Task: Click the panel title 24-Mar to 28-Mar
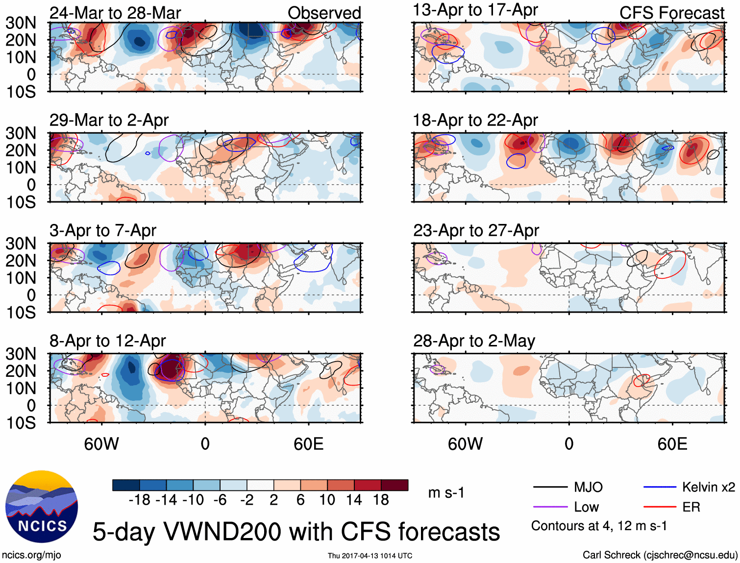[115, 13]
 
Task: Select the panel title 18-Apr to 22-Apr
[475, 121]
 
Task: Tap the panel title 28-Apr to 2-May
[474, 341]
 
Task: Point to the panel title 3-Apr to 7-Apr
[103, 231]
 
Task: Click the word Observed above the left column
[324, 13]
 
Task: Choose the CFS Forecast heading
[671, 13]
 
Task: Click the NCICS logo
[42, 507]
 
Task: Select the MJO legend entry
[588, 487]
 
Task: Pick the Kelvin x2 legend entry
[708, 487]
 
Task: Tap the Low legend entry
[586, 507]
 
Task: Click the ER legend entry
[691, 507]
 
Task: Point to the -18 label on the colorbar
[139, 500]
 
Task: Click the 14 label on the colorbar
[354, 500]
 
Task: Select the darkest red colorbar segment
[395, 485]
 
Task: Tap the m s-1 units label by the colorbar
[446, 493]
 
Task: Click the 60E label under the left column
[308, 444]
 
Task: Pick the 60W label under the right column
[465, 444]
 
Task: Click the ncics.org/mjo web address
[31, 555]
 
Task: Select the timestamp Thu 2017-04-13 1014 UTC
[370, 556]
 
